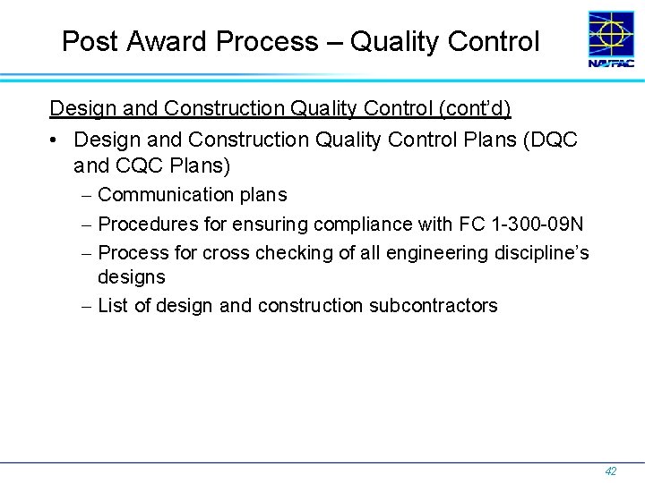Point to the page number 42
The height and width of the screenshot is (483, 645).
pos(611,471)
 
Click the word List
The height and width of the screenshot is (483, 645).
pos(113,306)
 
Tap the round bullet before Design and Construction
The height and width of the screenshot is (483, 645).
pos(56,140)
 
